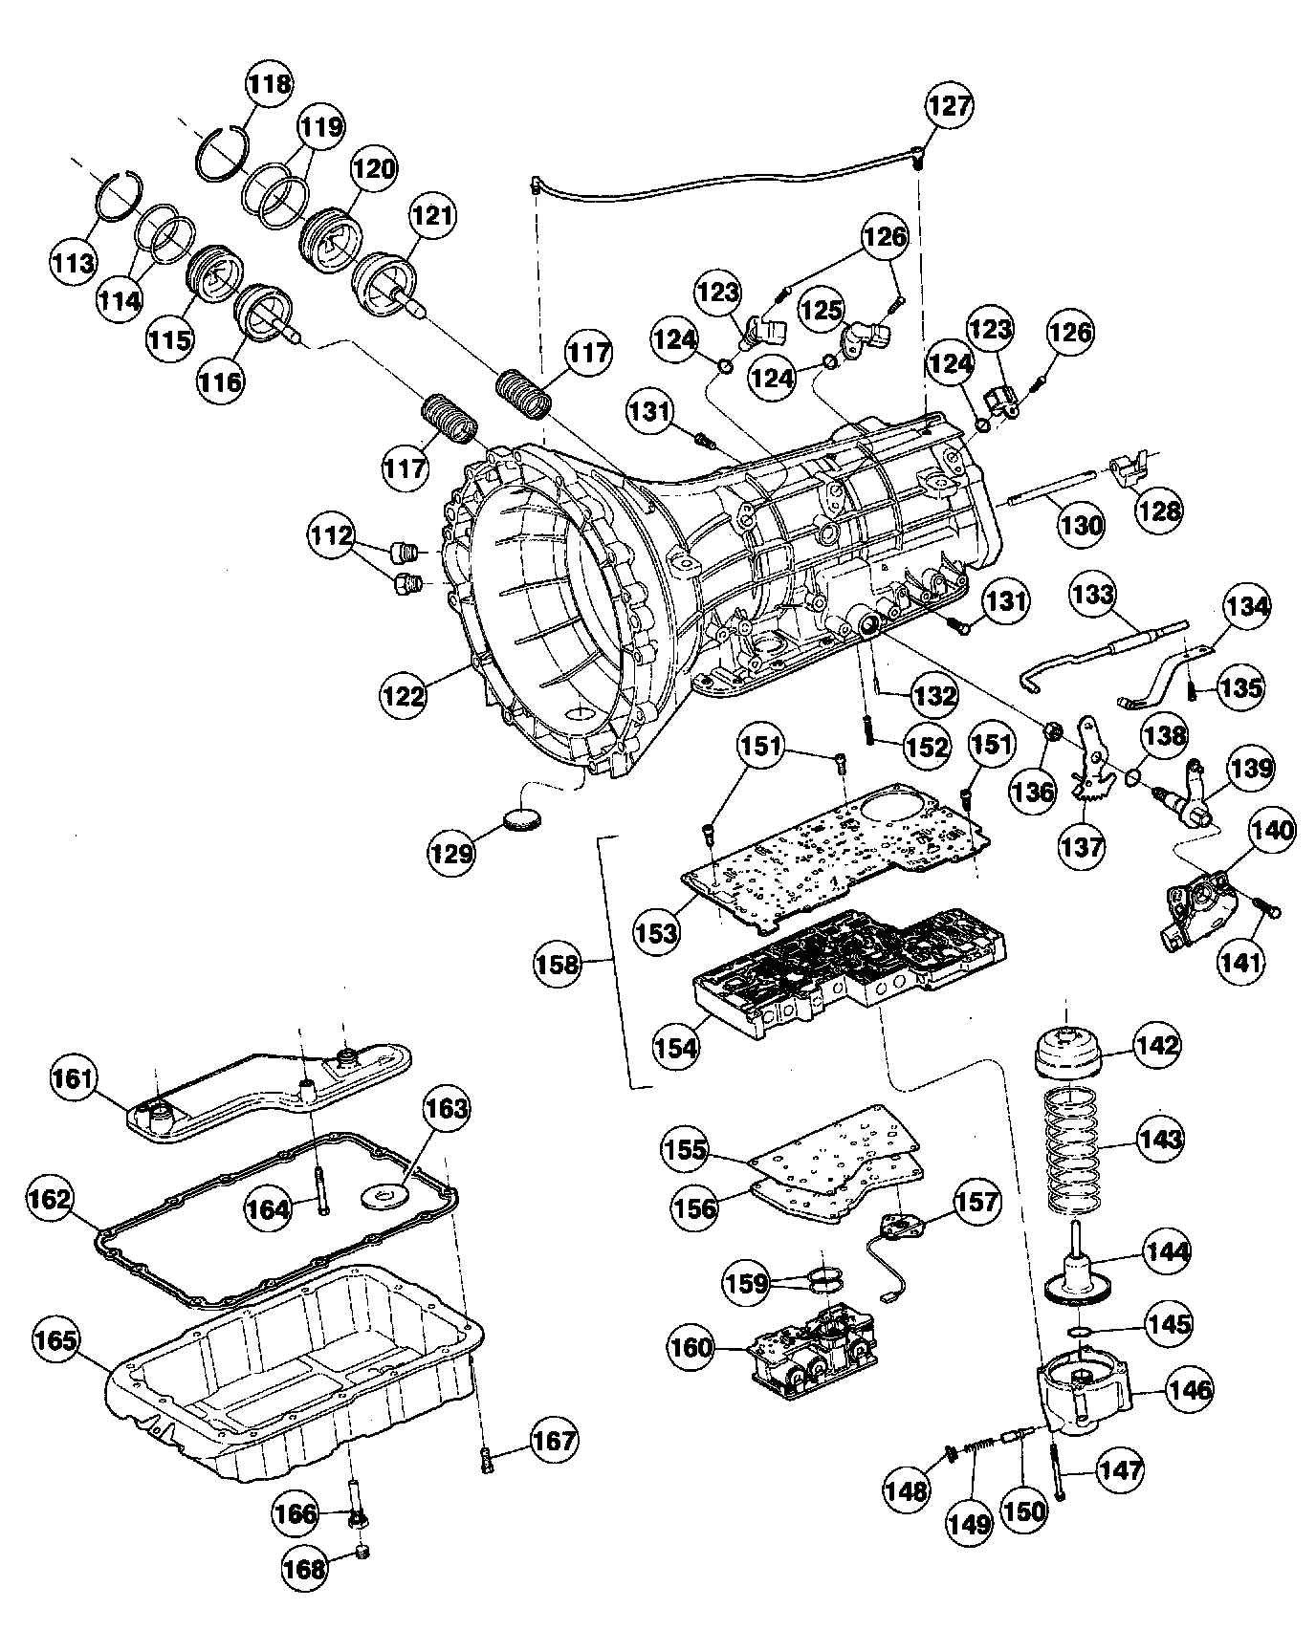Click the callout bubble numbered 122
point(405,694)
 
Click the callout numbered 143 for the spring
point(1160,1139)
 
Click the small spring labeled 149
point(976,1454)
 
